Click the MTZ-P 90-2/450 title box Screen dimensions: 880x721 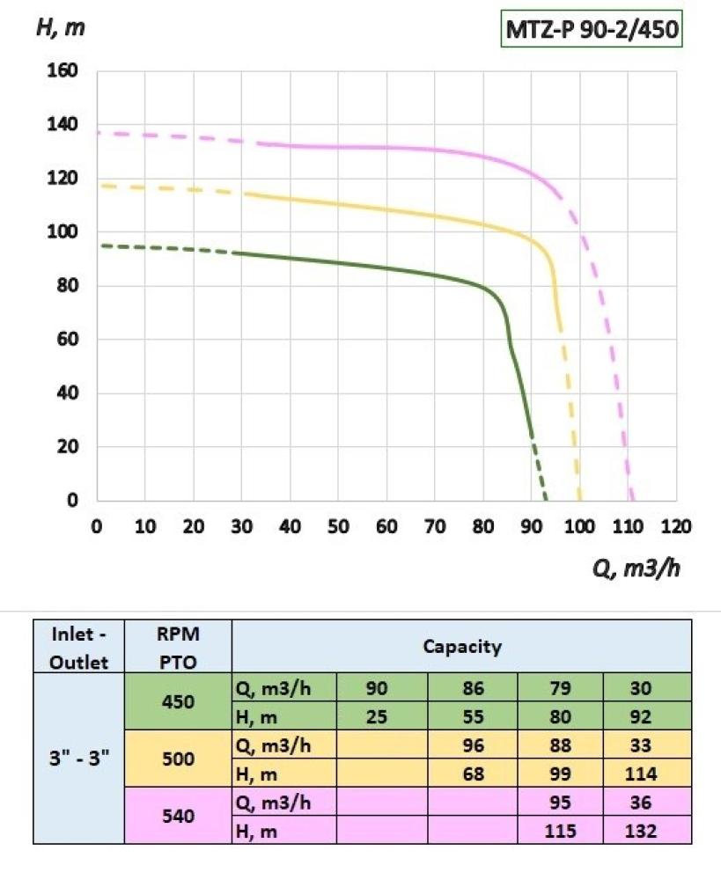592,31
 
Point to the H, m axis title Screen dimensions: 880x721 60,27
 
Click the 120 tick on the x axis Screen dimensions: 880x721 676,527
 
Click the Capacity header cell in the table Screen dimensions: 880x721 462,647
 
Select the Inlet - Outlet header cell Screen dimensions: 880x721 78,647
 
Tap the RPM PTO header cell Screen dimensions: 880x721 179,647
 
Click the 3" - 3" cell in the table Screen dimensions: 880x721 78,759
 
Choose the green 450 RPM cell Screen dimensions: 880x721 179,702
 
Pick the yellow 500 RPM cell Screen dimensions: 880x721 179,759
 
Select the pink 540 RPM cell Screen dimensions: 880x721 179,816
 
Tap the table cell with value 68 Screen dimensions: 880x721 474,774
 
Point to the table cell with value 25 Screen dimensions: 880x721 377,716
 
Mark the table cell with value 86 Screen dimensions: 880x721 474,689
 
